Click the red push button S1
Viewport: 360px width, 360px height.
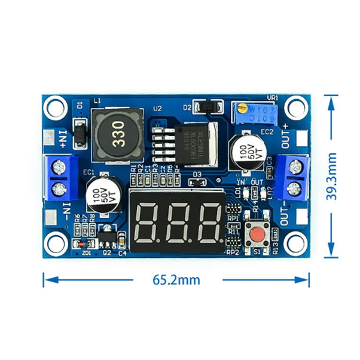(x=257, y=234)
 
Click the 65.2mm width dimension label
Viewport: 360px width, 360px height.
(x=176, y=279)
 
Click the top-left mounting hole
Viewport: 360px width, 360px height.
(x=55, y=106)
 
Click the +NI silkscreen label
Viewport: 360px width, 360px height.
(x=62, y=138)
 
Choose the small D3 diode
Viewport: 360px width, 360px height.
(x=197, y=182)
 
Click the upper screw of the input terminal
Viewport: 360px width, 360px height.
(x=58, y=167)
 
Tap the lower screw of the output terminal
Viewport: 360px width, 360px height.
(x=294, y=187)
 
